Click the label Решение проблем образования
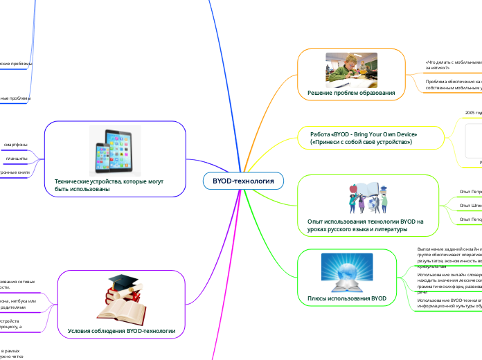(351, 93)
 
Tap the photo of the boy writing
(351, 69)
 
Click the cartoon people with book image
(367, 197)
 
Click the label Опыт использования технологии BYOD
(364, 225)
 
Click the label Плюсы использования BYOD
(346, 298)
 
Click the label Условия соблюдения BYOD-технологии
(122, 331)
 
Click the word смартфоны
(16, 144)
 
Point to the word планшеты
(17, 159)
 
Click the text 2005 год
(472, 111)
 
